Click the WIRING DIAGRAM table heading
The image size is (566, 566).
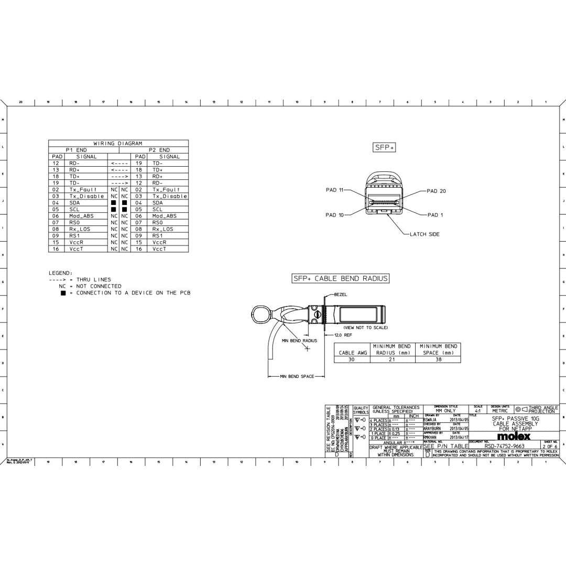pyautogui.click(x=117, y=143)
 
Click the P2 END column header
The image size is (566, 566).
pyautogui.click(x=159, y=150)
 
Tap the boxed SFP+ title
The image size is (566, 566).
pyautogui.click(x=384, y=147)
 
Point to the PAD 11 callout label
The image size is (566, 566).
pyautogui.click(x=334, y=190)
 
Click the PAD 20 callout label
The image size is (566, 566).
pyautogui.click(x=436, y=191)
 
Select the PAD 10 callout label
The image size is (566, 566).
pyautogui.click(x=334, y=215)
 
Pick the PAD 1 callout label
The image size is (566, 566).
pyautogui.click(x=435, y=215)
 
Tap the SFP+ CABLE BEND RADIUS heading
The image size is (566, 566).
pyautogui.click(x=341, y=278)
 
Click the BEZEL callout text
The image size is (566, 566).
pyautogui.click(x=341, y=295)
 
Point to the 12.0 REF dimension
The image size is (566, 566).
pyautogui.click(x=343, y=335)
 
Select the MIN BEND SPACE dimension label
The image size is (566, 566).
pyautogui.click(x=297, y=376)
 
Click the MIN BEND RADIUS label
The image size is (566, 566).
pyautogui.click(x=299, y=341)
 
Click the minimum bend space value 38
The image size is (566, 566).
pyautogui.click(x=438, y=360)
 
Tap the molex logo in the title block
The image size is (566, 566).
pyautogui.click(x=513, y=436)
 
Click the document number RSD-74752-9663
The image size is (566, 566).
pyautogui.click(x=504, y=447)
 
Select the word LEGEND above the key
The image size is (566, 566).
pyautogui.click(x=61, y=273)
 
